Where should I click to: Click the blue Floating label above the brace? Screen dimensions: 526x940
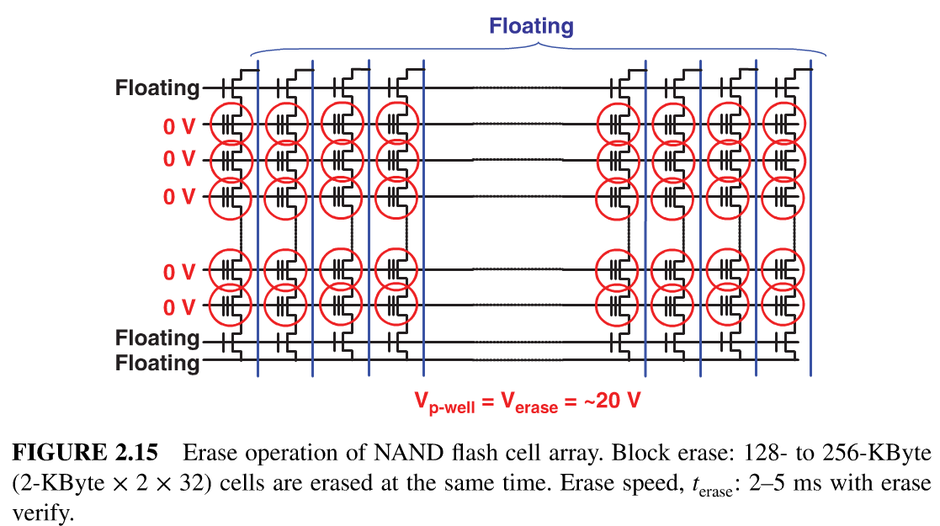pos(531,26)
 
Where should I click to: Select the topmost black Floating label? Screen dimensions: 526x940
pos(157,88)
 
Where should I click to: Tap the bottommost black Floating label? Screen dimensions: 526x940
pos(157,364)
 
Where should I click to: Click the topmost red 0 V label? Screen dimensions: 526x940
pos(179,126)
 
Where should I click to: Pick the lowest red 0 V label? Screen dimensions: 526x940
pos(179,306)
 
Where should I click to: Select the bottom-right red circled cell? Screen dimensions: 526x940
pos(783,305)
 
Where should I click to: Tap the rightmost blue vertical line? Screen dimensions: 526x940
pos(810,219)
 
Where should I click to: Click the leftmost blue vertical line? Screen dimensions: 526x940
pos(258,219)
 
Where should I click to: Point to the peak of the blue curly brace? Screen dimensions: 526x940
pos(537,43)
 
